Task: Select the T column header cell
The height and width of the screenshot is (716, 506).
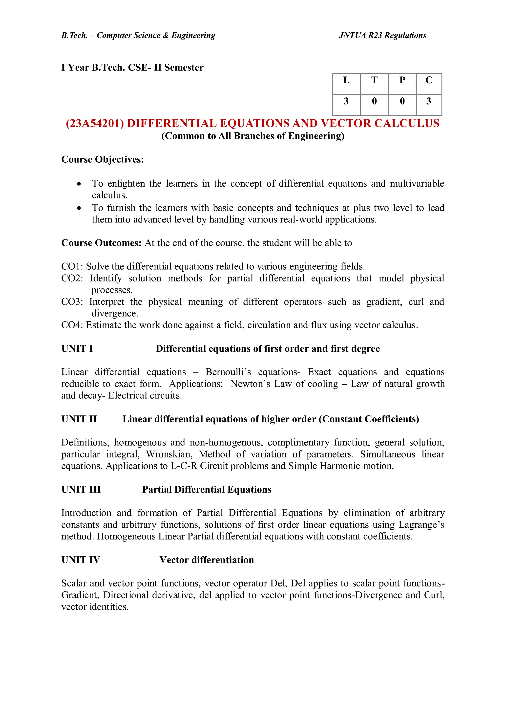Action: click(374, 81)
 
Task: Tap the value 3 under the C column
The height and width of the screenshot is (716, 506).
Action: click(429, 101)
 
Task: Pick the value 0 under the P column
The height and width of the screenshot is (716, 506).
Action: click(402, 101)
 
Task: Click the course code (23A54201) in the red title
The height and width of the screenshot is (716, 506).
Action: click(95, 124)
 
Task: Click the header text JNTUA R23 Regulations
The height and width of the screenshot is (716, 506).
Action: click(382, 36)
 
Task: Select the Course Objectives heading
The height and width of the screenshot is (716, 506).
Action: click(103, 159)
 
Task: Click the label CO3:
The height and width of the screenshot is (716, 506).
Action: click(72, 302)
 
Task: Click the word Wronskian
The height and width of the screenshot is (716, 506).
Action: click(169, 454)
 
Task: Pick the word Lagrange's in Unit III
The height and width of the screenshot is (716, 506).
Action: click(421, 525)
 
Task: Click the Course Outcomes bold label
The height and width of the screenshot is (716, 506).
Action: click(101, 243)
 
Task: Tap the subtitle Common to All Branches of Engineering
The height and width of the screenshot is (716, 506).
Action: click(253, 136)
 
